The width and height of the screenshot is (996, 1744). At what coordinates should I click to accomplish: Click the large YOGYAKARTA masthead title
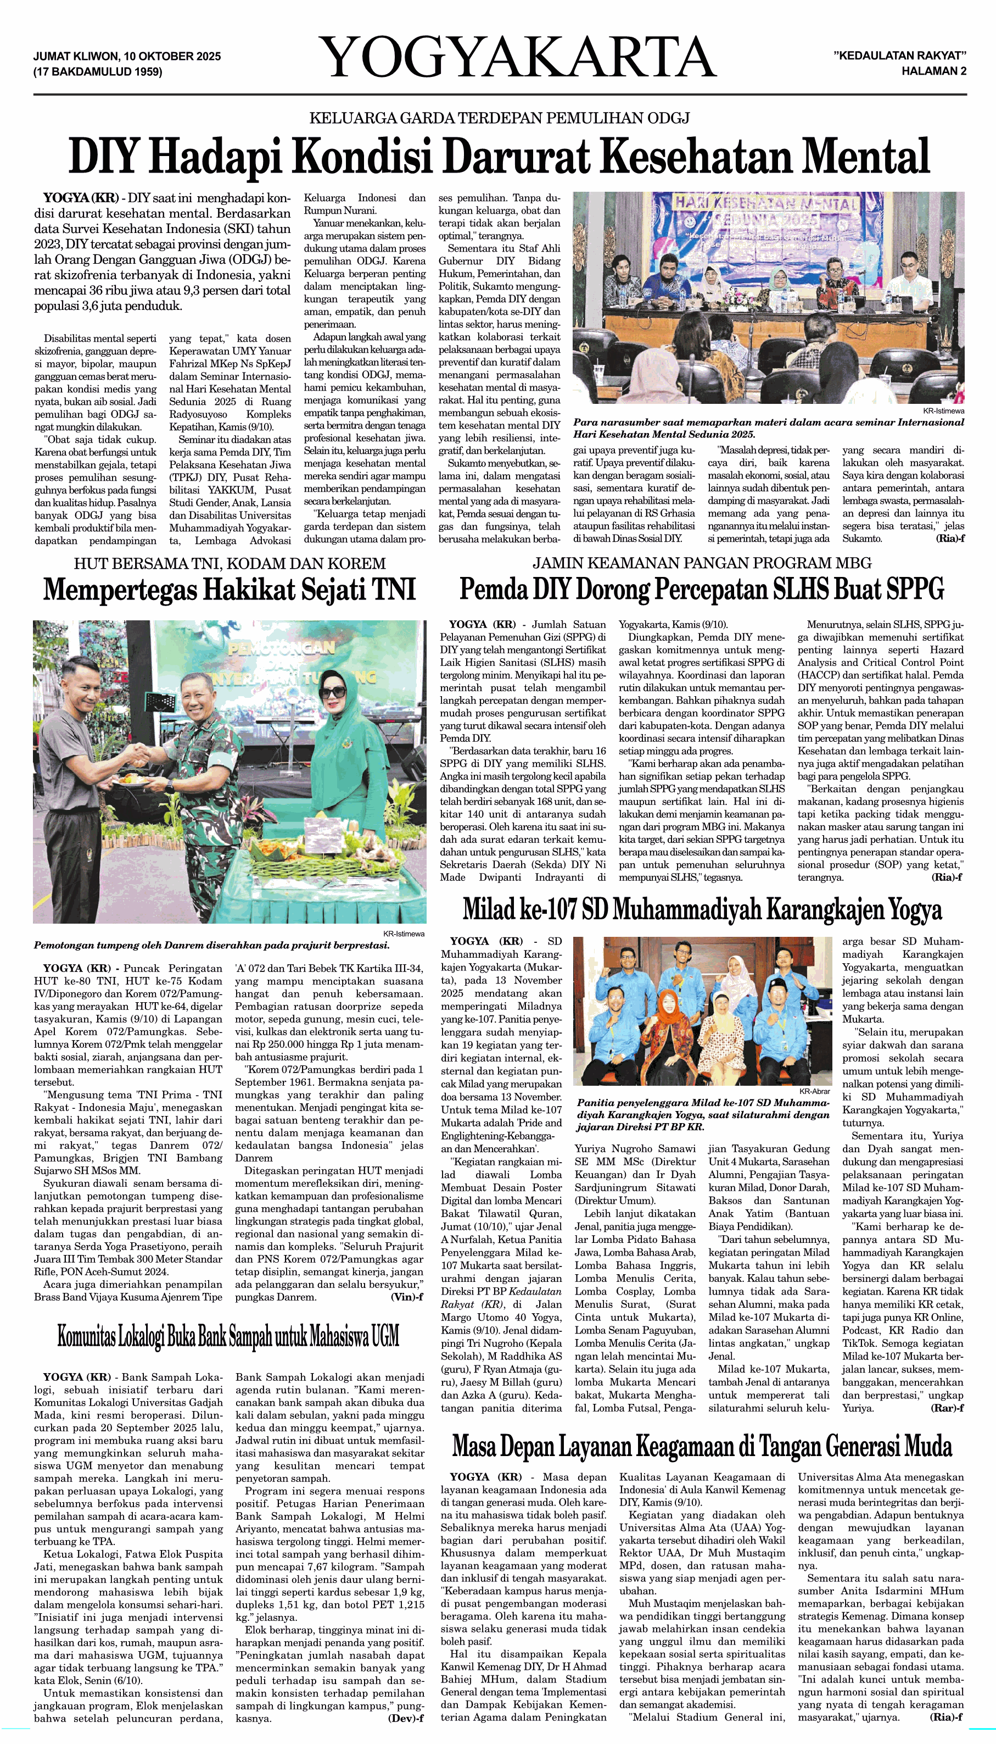(x=518, y=58)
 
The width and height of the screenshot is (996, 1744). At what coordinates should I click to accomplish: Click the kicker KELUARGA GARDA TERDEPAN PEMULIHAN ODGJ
(x=499, y=118)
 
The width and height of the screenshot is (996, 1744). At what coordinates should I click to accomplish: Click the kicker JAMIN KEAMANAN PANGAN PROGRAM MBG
(x=702, y=563)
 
